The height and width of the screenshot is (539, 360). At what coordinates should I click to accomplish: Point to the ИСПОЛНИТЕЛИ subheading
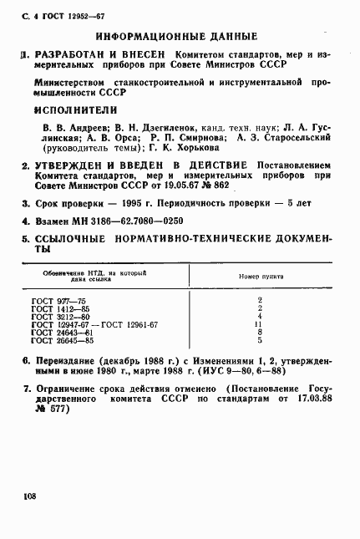(x=76, y=109)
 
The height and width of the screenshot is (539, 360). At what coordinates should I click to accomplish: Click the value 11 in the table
(x=260, y=325)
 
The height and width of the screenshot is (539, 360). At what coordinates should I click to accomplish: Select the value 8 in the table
(x=260, y=333)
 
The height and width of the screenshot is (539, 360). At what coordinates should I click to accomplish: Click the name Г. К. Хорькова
(x=179, y=149)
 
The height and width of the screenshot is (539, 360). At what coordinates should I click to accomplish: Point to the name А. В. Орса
(x=97, y=138)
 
